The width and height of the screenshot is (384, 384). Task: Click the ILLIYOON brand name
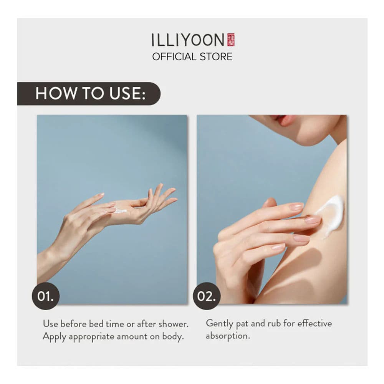(x=188, y=40)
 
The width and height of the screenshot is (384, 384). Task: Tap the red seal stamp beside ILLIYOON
(x=231, y=40)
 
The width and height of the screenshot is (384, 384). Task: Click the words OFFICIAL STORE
(x=192, y=57)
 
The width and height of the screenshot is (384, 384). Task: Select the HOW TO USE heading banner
(x=89, y=94)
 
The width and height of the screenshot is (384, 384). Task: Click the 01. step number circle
(x=45, y=296)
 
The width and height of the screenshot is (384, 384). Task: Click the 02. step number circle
(x=207, y=296)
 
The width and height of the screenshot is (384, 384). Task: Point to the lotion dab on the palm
(x=121, y=211)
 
